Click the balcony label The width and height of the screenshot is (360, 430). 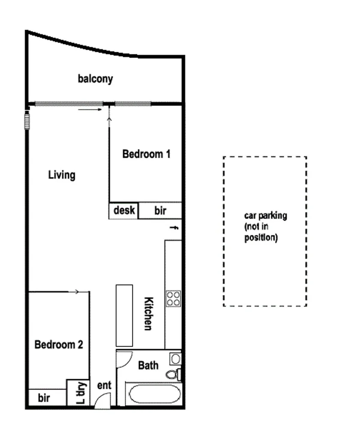point(95,79)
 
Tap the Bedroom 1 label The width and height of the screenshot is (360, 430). point(146,154)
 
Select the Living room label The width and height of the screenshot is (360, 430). point(62,175)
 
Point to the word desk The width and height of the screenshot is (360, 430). point(124,210)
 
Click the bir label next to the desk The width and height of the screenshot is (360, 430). point(160,211)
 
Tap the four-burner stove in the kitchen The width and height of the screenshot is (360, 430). point(174,298)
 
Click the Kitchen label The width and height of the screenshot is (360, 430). point(148,314)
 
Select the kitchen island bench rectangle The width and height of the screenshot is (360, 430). point(124,315)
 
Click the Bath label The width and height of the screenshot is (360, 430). point(148,365)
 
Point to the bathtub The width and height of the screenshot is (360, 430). point(153,394)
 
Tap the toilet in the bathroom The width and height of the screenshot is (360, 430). point(173,374)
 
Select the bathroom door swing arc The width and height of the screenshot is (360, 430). point(123,359)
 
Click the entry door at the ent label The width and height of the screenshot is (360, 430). point(102,402)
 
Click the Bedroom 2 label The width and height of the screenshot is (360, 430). point(59,344)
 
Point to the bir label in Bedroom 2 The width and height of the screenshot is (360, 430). point(44,398)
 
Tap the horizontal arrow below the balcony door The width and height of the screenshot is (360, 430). point(90,110)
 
